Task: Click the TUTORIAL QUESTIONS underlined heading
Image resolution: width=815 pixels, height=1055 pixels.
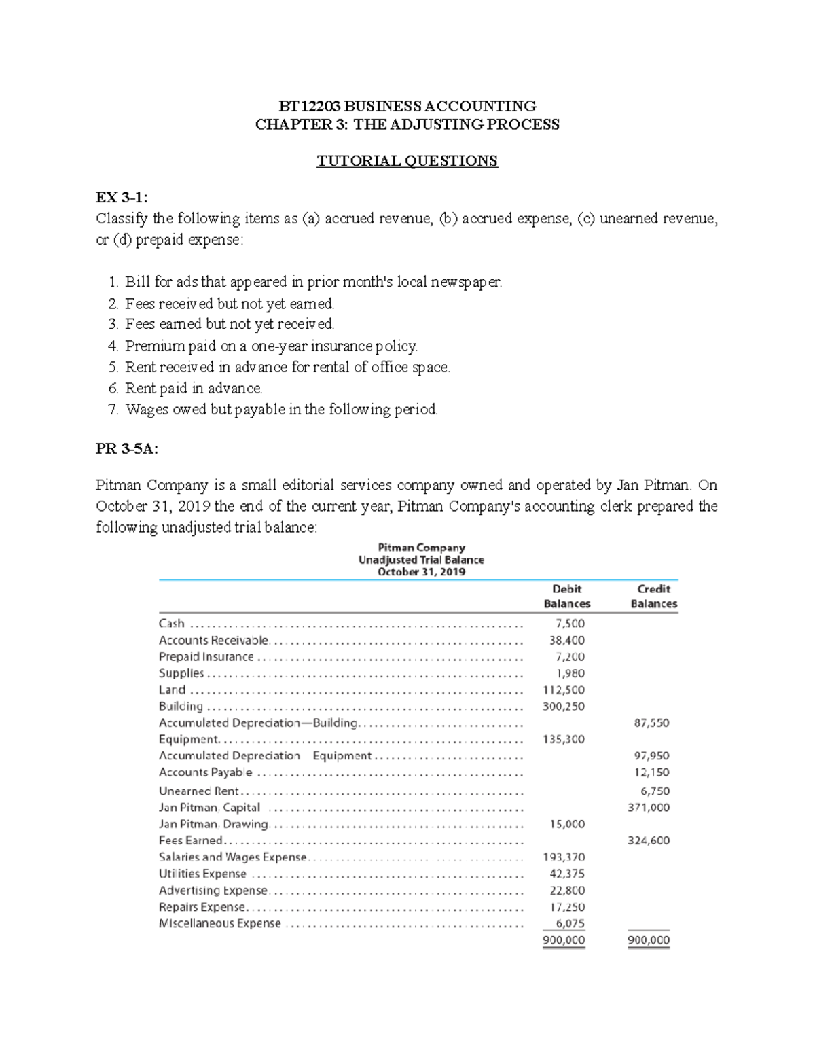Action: [407, 161]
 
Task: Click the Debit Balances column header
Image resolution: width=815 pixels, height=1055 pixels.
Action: [566, 596]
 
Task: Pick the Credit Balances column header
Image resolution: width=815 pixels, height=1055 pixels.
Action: [653, 596]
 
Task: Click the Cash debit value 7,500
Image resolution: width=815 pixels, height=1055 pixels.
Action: [570, 624]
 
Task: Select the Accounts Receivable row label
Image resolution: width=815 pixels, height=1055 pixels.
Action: [213, 640]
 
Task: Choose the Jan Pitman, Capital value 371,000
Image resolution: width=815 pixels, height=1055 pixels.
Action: [648, 807]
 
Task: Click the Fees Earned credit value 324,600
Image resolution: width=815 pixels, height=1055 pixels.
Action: [648, 840]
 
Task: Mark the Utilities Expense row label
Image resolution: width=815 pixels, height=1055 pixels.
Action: [202, 874]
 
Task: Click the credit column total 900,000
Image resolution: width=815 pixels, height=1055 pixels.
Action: [648, 941]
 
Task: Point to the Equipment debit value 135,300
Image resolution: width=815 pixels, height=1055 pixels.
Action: [564, 739]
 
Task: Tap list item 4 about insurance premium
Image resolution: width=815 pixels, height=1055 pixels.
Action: [270, 346]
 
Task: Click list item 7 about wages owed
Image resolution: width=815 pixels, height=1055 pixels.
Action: [281, 410]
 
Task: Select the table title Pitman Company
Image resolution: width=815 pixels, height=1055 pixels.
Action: [421, 548]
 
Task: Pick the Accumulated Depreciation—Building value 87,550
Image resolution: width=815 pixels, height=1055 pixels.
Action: [651, 723]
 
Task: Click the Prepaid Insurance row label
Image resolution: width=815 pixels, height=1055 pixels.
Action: [206, 657]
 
